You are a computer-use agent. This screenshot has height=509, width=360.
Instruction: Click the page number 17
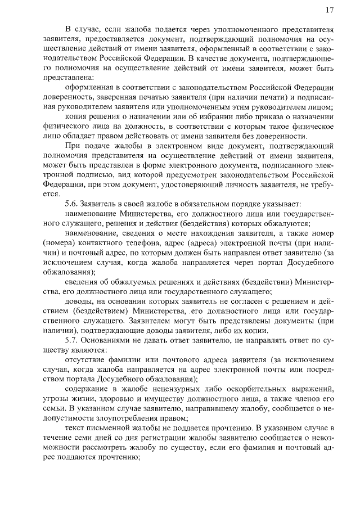click(x=330, y=10)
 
